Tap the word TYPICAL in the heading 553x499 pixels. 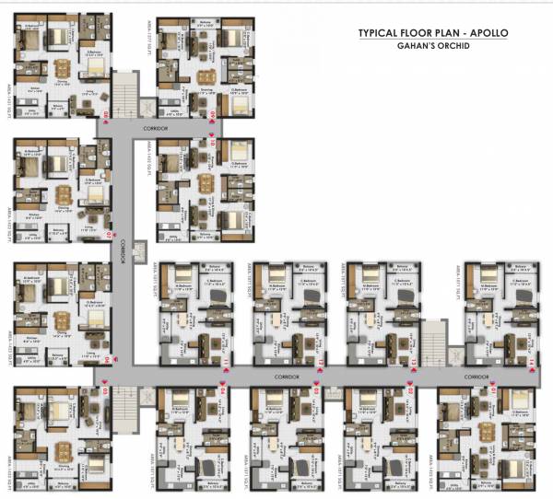381,34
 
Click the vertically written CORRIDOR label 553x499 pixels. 124,250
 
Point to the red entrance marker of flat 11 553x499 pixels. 224,366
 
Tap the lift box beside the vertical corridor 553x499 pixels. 141,249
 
